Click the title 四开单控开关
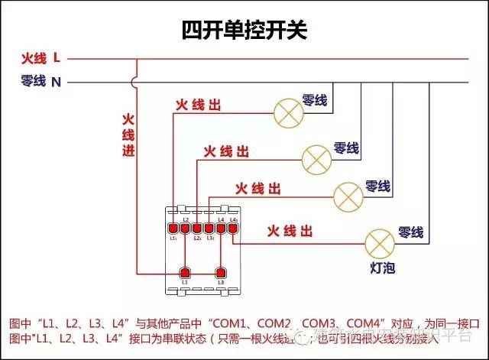[244, 30]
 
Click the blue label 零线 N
[41, 81]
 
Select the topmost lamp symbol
[288, 114]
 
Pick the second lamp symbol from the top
[316, 158]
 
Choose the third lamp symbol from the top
[349, 196]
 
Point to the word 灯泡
[382, 268]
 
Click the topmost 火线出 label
[198, 105]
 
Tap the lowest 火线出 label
[290, 230]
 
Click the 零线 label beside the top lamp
[314, 100]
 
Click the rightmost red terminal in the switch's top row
[233, 228]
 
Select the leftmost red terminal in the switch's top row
[173, 228]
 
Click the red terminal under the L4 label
[222, 228]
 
